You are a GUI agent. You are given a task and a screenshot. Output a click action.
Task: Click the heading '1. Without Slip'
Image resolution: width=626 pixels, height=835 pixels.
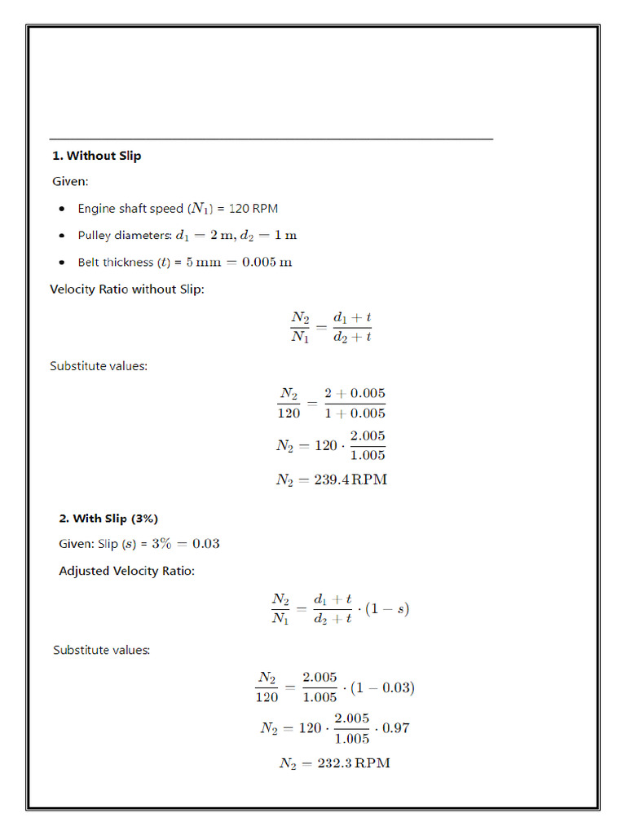click(96, 156)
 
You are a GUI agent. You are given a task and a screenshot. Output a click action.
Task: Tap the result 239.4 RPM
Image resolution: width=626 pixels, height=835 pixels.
click(331, 480)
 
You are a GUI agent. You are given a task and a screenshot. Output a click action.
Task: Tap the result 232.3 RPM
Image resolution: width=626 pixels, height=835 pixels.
click(334, 763)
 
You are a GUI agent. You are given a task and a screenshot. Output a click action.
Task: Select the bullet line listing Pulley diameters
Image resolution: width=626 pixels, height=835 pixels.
click(187, 236)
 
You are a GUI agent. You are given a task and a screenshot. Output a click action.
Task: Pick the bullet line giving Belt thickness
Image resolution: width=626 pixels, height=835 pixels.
click(184, 263)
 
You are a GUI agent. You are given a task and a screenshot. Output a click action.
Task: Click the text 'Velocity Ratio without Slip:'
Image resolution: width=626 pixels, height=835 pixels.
click(127, 289)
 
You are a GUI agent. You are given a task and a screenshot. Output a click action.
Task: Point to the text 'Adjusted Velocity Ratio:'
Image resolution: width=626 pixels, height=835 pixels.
click(126, 571)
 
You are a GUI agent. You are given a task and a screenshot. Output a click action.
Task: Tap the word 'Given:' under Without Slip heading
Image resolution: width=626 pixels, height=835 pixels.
click(70, 181)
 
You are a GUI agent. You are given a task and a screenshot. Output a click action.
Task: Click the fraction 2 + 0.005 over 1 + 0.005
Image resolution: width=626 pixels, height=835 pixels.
click(355, 403)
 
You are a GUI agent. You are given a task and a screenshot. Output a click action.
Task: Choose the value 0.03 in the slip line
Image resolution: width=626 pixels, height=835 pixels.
click(205, 544)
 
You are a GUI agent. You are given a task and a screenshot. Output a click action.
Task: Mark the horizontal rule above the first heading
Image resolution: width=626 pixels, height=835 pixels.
click(271, 139)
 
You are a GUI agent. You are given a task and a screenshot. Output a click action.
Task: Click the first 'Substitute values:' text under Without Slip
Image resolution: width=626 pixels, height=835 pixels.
click(99, 366)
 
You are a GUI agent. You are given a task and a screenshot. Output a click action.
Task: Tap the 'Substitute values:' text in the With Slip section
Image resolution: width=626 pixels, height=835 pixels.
click(102, 650)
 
